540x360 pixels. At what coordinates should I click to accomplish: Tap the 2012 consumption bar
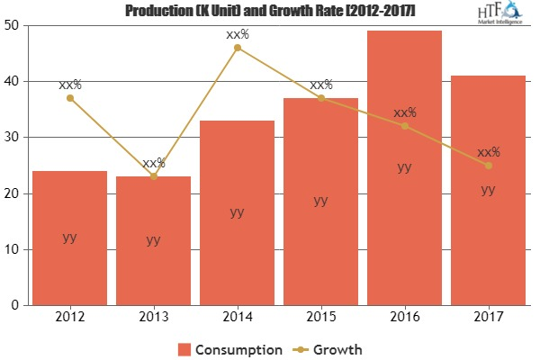tap(69, 238)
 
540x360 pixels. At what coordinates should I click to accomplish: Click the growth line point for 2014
tap(237, 47)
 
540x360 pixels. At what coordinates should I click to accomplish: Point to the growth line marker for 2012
tap(69, 97)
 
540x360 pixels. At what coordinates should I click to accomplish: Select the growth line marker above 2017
tap(488, 165)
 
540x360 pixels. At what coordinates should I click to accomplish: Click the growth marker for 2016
tap(404, 125)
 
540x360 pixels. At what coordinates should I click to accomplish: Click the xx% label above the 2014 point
tap(237, 34)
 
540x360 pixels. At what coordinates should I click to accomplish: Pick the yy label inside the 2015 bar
tap(320, 201)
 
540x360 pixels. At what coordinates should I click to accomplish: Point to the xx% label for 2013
tap(153, 163)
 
